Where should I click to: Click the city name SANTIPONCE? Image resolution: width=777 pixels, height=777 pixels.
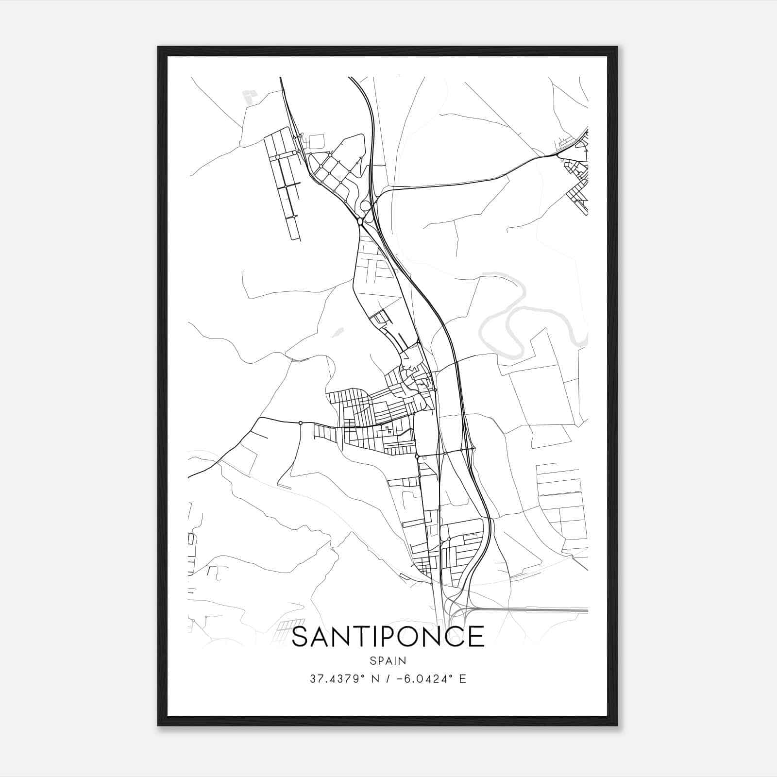point(388,636)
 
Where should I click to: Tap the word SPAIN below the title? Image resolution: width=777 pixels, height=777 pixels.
point(388,660)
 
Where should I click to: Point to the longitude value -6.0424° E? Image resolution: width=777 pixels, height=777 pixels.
point(431,679)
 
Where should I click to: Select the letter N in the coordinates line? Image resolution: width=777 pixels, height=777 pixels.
point(374,679)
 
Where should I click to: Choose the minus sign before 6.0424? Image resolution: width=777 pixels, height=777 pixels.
point(400,679)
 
